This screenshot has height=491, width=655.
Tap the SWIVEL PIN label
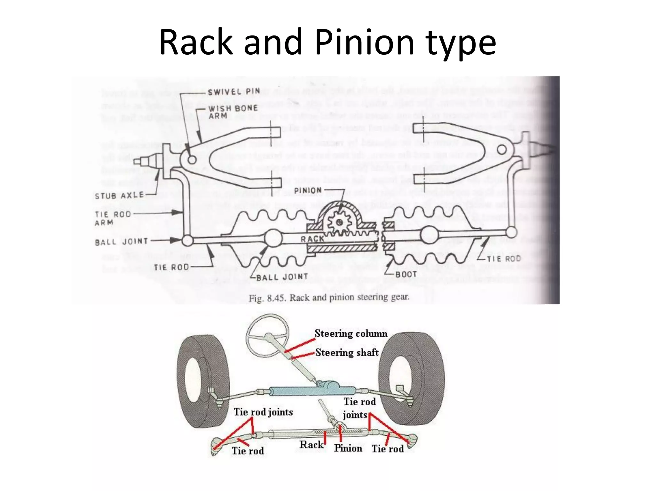(233, 92)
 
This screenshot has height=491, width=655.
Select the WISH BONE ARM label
(233, 112)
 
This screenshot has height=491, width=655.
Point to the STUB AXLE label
(119, 195)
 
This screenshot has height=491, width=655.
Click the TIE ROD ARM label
(113, 218)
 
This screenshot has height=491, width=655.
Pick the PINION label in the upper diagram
(308, 191)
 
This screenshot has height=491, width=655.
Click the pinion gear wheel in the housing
(339, 222)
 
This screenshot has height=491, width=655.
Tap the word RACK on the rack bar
(312, 239)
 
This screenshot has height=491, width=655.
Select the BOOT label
(406, 274)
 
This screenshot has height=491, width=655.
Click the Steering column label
(351, 333)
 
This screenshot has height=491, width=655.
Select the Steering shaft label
(347, 353)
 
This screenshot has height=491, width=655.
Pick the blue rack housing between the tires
(312, 391)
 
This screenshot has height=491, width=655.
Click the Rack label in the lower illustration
(311, 445)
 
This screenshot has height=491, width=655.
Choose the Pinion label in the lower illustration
(348, 448)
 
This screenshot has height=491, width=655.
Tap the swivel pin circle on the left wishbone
(192, 159)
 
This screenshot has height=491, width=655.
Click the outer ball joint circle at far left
(187, 240)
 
